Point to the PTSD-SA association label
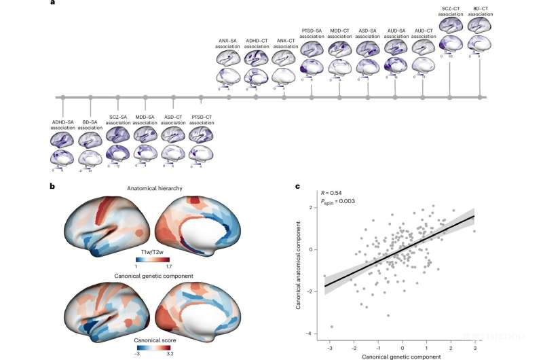(x=312, y=33)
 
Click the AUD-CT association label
(x=424, y=33)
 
